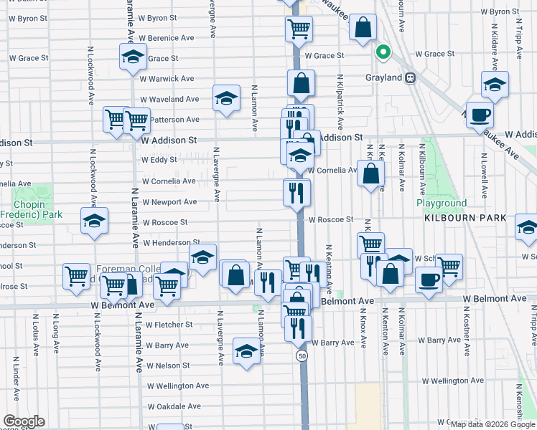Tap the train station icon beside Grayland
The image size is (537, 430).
point(411,78)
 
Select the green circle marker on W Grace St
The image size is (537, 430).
point(383,52)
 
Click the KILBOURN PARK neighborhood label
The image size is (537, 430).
point(465,218)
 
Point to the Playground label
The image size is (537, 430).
point(442,204)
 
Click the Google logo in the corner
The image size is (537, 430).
point(24,421)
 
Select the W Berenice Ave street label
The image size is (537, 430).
point(167,37)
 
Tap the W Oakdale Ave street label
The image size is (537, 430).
point(173,406)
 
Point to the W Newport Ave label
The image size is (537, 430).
point(169,202)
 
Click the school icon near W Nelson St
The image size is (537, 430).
point(246,352)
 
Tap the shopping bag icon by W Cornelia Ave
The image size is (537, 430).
point(370,174)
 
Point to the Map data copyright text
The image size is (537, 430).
point(492,424)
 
